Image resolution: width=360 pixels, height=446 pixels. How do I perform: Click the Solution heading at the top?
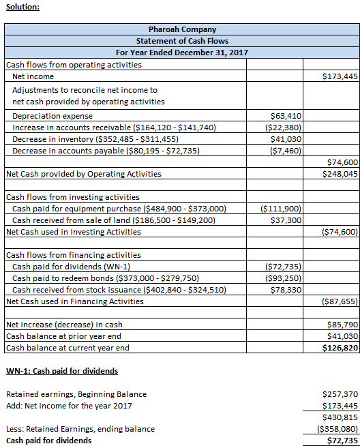(22, 7)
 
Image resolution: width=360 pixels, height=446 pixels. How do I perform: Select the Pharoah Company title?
(182, 29)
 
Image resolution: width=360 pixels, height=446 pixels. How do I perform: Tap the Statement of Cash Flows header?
(182, 41)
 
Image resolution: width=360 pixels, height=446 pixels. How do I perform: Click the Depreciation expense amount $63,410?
(286, 116)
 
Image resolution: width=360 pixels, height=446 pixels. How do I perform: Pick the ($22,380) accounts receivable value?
(283, 128)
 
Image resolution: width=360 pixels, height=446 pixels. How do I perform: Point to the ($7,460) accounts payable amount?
(286, 151)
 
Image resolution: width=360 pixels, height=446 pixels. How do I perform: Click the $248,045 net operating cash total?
(340, 174)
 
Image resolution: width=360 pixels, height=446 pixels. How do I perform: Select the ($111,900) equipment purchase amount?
(281, 209)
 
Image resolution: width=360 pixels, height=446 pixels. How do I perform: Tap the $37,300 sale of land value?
(286, 220)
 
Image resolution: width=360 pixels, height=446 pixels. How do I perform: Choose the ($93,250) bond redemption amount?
(283, 278)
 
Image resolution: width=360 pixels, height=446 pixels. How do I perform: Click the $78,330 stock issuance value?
(286, 290)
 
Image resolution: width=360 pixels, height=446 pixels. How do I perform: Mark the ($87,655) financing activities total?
(340, 301)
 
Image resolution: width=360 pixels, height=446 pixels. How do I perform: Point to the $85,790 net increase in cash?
(343, 325)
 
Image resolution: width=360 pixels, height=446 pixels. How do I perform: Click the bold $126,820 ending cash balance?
(340, 348)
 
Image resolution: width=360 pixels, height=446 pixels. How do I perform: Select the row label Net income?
(33, 76)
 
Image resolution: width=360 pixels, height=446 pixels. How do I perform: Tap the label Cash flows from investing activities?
(73, 197)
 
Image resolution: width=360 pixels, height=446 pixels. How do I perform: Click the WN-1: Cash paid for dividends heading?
(62, 371)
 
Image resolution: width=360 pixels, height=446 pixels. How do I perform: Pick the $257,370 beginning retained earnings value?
(340, 394)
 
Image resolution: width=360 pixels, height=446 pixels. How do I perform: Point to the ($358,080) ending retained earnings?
(337, 429)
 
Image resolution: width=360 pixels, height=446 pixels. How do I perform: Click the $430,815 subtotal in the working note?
(340, 417)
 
